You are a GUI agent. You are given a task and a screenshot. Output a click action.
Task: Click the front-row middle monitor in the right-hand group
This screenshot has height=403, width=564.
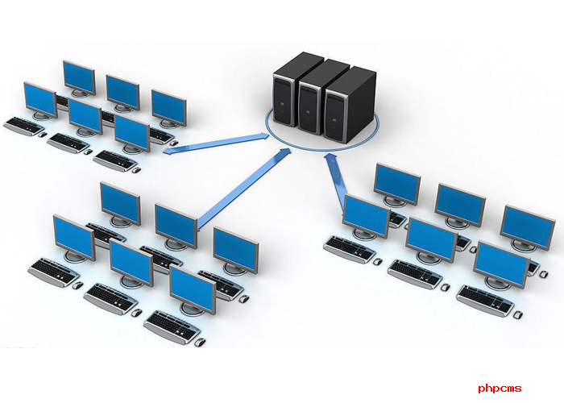point(431,239)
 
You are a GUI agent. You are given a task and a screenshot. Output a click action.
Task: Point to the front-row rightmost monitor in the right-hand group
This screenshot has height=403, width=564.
point(500,263)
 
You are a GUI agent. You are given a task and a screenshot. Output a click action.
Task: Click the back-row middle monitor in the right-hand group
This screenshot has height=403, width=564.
point(460,205)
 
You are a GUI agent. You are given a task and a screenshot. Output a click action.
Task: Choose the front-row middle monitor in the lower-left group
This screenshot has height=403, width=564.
point(131,263)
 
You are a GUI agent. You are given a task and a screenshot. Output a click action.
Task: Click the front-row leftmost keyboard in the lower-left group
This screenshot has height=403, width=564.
point(53,272)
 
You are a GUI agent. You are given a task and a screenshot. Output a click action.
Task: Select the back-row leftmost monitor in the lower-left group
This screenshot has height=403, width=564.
point(120,203)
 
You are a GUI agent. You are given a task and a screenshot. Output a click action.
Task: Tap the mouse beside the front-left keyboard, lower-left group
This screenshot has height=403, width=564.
point(78,285)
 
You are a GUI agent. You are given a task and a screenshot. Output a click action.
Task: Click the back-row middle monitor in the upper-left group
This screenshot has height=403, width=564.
point(122,91)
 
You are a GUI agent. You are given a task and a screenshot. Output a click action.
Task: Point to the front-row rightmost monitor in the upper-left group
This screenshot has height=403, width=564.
point(132,133)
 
